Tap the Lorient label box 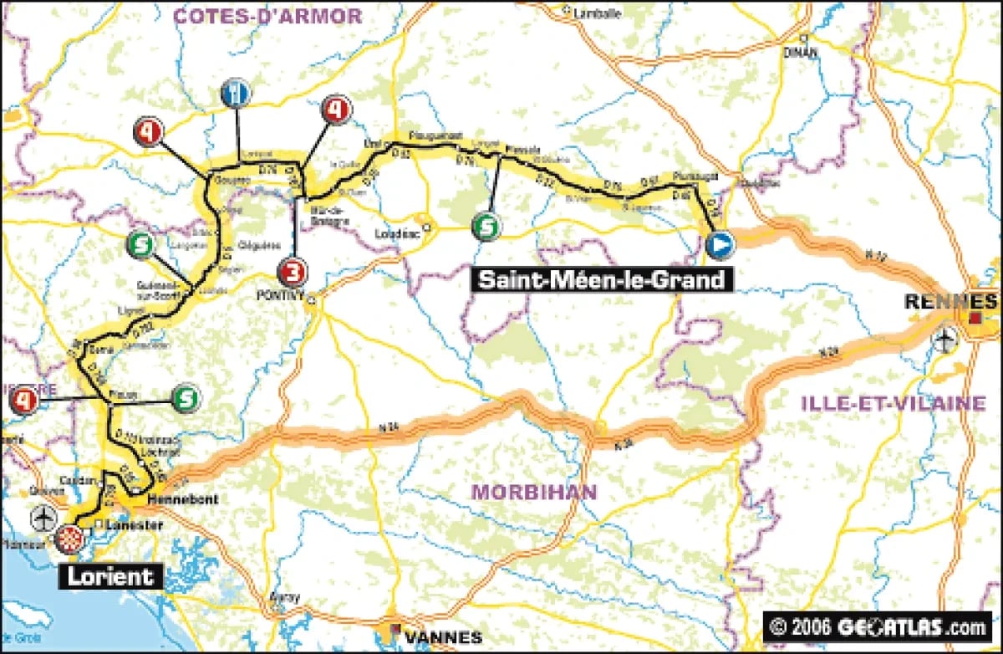coord(110,575)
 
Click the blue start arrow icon coord(719,245)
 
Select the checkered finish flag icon coord(70,539)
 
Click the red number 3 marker coord(293,272)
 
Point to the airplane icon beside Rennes coord(944,340)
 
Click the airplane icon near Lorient coord(43,516)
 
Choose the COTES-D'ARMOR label coord(267,16)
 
